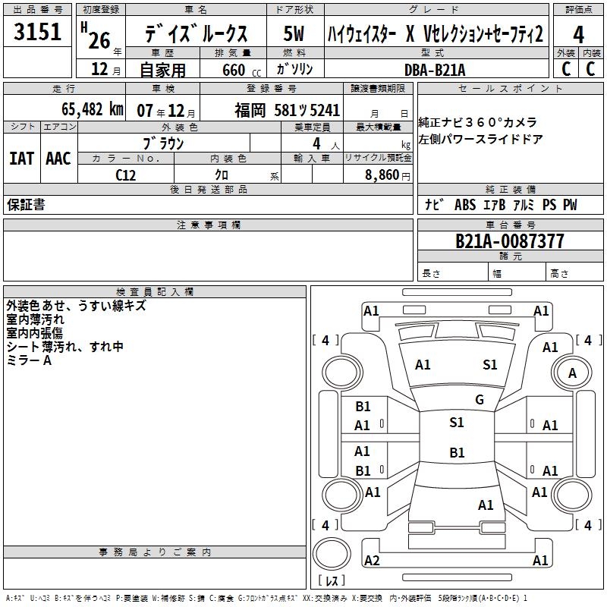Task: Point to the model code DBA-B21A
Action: [x=435, y=70]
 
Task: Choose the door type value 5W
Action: [x=294, y=34]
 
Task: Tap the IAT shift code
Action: [x=21, y=158]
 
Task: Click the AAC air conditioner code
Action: [x=58, y=158]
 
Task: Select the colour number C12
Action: [x=126, y=175]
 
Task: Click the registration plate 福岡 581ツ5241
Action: [x=287, y=109]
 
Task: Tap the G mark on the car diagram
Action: [x=480, y=400]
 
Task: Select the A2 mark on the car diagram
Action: [x=372, y=561]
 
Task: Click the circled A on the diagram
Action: [x=572, y=373]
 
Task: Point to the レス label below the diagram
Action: [x=332, y=581]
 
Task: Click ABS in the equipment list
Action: [x=464, y=205]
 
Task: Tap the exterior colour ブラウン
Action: [x=163, y=143]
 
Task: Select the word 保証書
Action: [x=26, y=205]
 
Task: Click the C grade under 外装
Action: [x=565, y=69]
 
